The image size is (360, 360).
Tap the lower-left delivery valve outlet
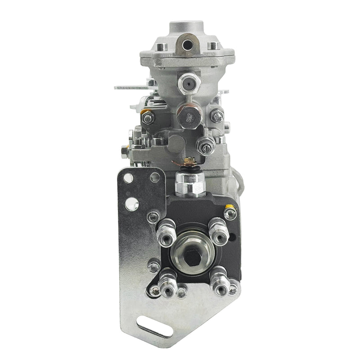(x=168, y=281)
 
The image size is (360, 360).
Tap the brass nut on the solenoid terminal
(x=189, y=158)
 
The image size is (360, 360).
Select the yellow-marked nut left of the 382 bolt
(x=148, y=118)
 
